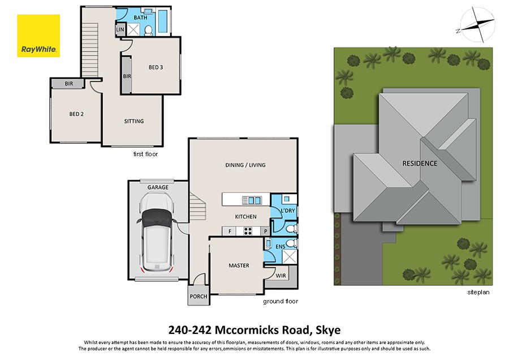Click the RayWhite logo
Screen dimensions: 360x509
point(38,36)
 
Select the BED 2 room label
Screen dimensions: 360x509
point(76,114)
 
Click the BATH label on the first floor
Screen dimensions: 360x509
point(140,18)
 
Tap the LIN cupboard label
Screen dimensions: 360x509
point(120,29)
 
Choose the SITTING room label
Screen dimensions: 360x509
point(134,121)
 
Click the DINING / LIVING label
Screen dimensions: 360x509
point(245,165)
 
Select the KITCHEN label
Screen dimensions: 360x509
point(245,217)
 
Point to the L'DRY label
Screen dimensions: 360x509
point(288,211)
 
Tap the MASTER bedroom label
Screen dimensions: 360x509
point(239,265)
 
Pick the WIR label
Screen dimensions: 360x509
point(281,275)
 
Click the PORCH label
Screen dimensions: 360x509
point(199,297)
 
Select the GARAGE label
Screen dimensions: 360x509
point(158,187)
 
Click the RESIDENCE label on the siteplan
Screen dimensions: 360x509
point(419,164)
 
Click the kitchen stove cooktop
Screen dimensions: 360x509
point(248,231)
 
